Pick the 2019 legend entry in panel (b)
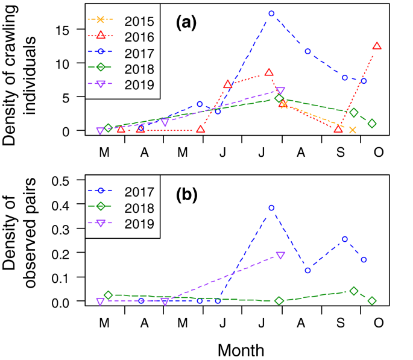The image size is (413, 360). pyautogui.click(x=127, y=223)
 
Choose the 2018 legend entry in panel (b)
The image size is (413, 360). pyautogui.click(x=127, y=207)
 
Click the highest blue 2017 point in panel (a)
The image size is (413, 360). pyautogui.click(x=271, y=13)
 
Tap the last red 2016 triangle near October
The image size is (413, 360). pyautogui.click(x=377, y=46)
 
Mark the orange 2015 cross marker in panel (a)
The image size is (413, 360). pyautogui.click(x=352, y=130)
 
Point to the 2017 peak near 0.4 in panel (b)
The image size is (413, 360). pyautogui.click(x=271, y=208)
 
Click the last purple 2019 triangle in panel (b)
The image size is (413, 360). pyautogui.click(x=280, y=255)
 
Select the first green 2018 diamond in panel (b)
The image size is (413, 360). pyautogui.click(x=108, y=295)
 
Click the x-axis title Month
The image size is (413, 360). pyautogui.click(x=241, y=350)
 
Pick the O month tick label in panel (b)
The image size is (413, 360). pyautogui.click(x=378, y=323)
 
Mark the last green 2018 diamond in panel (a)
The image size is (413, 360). pyautogui.click(x=373, y=124)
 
